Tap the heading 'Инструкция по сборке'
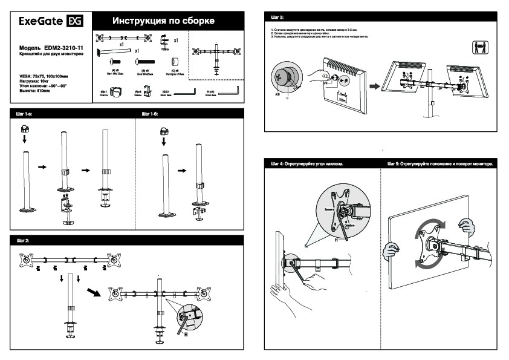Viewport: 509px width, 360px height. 163,22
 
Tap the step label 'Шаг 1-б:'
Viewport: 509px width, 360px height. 150,113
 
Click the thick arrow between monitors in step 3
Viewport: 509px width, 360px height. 376,86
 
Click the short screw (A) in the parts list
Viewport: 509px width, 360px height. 114,61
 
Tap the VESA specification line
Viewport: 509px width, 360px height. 44,75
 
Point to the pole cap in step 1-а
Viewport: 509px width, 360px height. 25,129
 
